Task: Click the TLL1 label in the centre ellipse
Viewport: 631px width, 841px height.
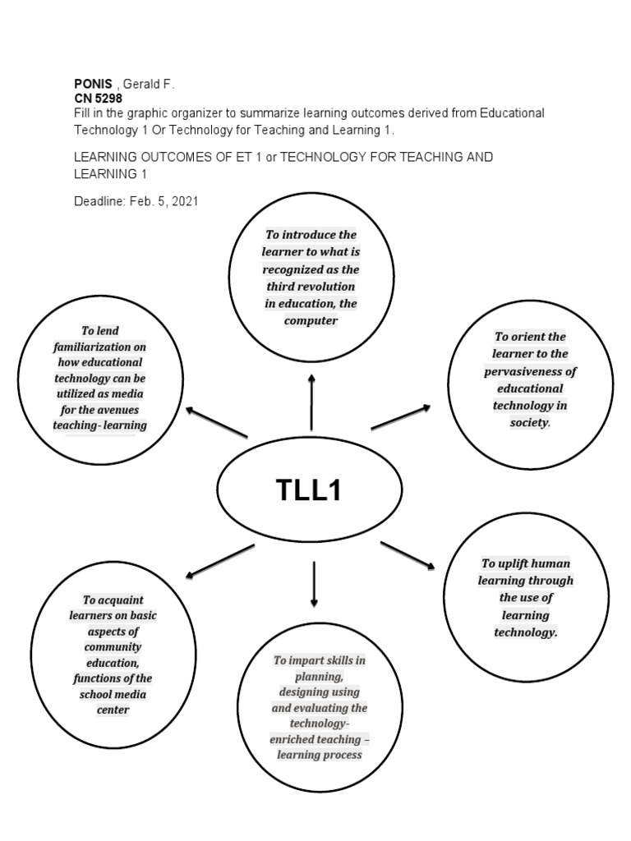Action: point(308,490)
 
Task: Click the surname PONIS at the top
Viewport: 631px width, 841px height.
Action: point(93,85)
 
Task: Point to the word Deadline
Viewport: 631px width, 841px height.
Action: point(99,200)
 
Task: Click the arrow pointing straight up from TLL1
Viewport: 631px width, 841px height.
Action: point(311,402)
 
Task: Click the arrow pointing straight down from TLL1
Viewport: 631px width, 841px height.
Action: point(314,584)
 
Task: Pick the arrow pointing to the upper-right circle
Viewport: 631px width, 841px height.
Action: point(401,416)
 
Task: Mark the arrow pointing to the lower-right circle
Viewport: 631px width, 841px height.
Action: point(408,554)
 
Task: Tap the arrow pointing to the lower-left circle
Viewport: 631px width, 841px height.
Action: point(219,562)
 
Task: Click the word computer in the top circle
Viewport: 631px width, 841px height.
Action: point(311,321)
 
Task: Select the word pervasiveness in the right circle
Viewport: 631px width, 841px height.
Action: point(530,371)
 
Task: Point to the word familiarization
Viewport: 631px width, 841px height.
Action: point(99,347)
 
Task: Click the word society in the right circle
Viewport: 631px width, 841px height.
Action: point(529,423)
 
